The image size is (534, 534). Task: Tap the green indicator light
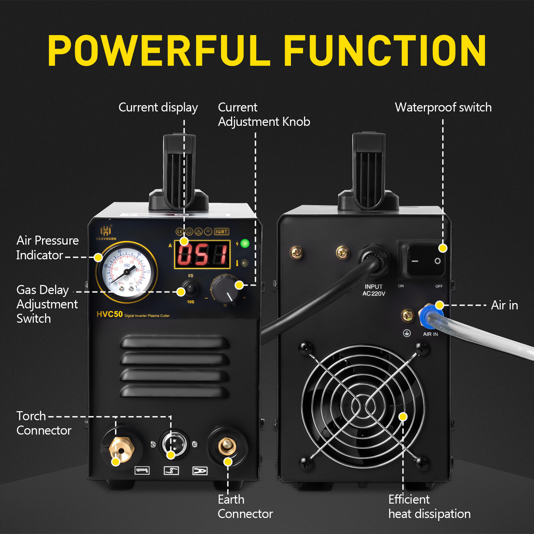pos(245,244)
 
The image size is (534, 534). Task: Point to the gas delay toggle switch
pos(191,288)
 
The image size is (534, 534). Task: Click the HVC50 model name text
pos(109,314)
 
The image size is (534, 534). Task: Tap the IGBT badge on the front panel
pos(221,231)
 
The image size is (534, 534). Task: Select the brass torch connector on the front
pos(121,450)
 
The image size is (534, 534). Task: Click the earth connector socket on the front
pos(227,447)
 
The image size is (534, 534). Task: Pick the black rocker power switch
pos(426,261)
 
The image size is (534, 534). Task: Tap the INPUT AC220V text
pos(374,290)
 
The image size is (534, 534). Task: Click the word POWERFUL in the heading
pos(159,51)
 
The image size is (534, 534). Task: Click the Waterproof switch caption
pos(443,107)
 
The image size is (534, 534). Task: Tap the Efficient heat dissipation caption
pos(429,507)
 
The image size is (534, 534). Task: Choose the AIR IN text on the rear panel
pos(430,334)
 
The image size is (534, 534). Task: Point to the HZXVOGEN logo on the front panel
pos(106,233)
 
